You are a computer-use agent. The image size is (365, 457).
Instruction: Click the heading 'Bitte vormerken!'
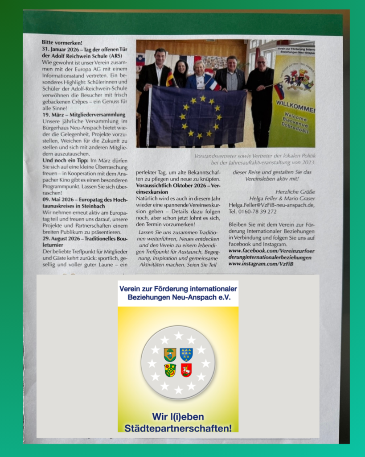pyautogui.click(x=56, y=43)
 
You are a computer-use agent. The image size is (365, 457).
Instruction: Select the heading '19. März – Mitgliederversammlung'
pyautogui.click(x=84, y=115)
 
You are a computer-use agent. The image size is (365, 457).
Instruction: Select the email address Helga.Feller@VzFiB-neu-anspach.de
pyautogui.click(x=271, y=205)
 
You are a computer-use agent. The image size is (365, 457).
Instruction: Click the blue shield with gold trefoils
pyautogui.click(x=186, y=354)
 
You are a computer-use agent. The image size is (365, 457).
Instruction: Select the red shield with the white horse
pyautogui.click(x=186, y=370)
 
